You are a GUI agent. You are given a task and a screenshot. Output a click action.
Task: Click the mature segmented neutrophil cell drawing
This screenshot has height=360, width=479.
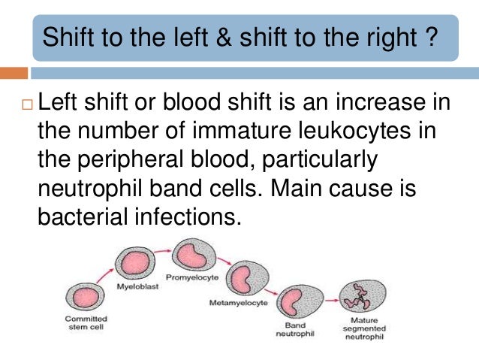(356, 299)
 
